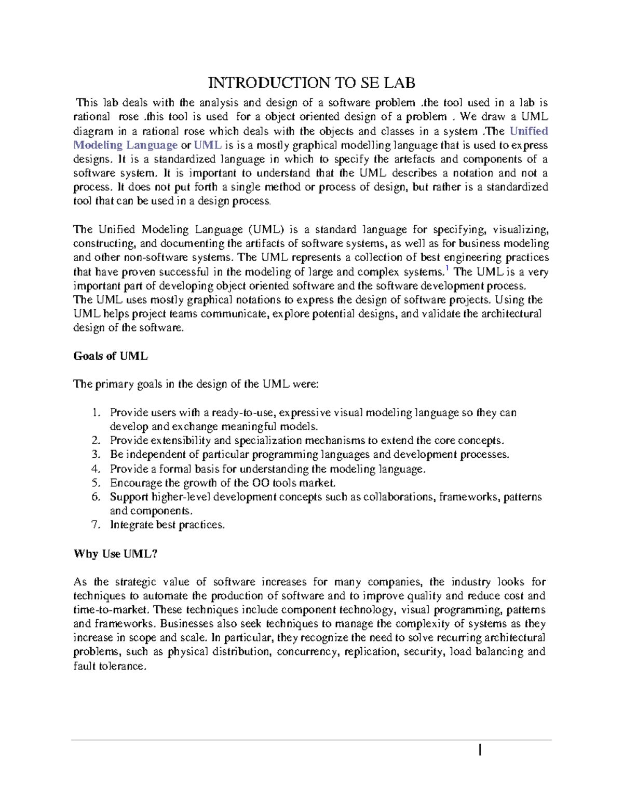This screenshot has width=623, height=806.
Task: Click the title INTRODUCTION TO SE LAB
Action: pos(311,83)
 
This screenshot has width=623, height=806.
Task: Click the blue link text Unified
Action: pos(529,131)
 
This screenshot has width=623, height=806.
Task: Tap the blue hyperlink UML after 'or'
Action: pos(208,145)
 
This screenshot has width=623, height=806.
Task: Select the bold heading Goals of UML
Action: pos(111,357)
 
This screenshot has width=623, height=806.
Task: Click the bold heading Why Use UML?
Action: pos(115,554)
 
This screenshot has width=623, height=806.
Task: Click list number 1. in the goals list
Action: pos(96,413)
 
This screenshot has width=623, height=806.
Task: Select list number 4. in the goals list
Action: pos(96,469)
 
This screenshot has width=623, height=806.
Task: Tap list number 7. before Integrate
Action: pos(96,525)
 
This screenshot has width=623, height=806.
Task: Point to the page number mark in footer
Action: pos(480,750)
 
